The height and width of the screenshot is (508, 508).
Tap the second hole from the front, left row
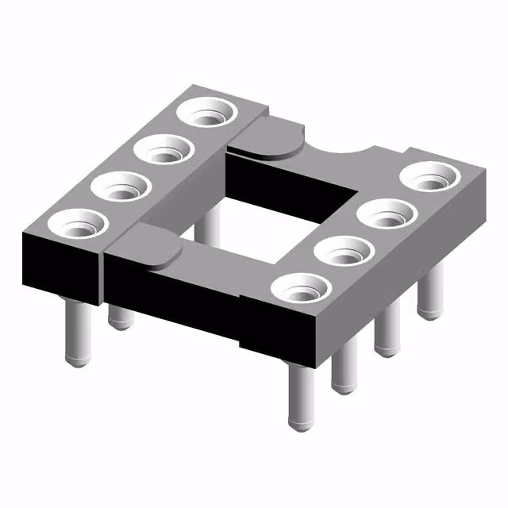click(x=121, y=188)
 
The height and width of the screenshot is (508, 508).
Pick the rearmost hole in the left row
click(x=209, y=113)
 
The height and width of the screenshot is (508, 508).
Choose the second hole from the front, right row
click(x=342, y=252)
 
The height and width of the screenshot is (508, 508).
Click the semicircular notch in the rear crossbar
click(x=341, y=149)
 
